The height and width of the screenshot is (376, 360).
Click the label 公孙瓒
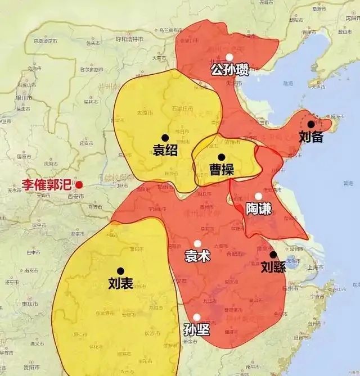[229, 70]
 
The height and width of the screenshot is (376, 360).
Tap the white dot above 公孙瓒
[229, 57]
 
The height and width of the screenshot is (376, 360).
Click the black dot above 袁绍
[165, 137]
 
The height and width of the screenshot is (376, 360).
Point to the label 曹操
[222, 170]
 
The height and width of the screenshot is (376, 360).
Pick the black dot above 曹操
[222, 157]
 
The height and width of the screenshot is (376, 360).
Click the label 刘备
[311, 136]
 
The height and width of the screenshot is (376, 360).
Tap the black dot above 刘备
[311, 124]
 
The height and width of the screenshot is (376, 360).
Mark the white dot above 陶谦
[258, 197]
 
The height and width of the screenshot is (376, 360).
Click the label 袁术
[197, 256]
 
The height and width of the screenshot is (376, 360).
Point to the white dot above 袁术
[197, 244]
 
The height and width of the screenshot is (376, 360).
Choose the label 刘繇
[273, 267]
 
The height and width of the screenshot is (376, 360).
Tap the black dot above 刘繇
[273, 255]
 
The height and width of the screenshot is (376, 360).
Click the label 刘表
[120, 284]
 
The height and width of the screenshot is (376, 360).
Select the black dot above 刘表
[120, 271]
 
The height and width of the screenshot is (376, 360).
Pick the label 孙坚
[196, 330]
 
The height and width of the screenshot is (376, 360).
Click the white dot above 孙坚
[196, 318]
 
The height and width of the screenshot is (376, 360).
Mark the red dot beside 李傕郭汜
[79, 184]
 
